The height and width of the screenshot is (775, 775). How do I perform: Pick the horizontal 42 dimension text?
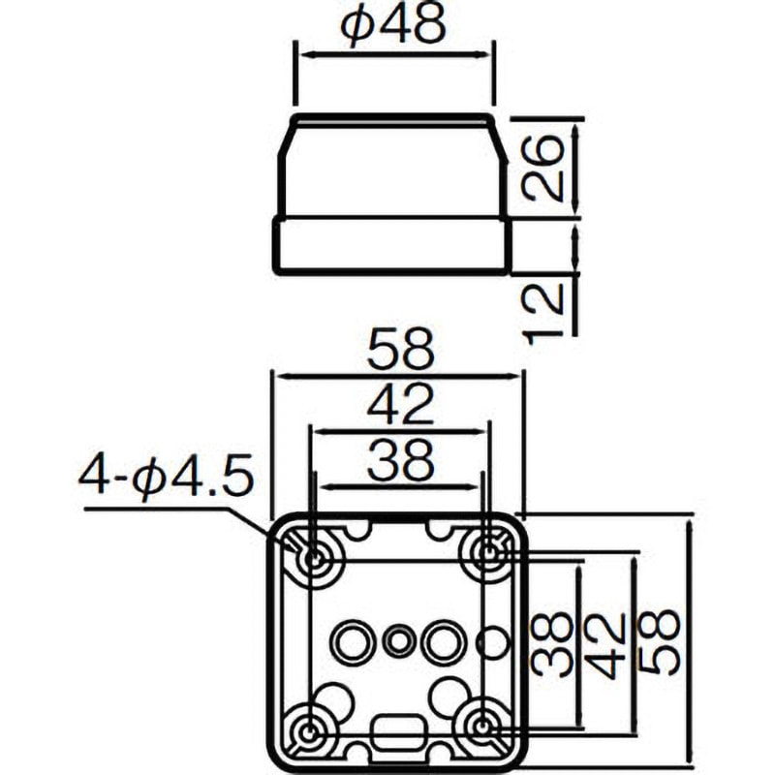400,405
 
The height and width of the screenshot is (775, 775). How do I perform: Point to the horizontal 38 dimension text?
400,460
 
